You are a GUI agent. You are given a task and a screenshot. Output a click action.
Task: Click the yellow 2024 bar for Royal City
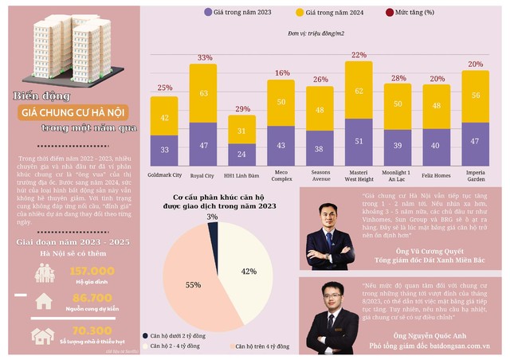203,93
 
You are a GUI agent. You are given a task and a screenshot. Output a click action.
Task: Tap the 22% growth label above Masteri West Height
359,55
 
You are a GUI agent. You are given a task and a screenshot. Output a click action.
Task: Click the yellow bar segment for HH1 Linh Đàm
242,131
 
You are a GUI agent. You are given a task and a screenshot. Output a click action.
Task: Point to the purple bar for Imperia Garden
475,141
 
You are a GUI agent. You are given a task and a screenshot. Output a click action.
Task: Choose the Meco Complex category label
281,175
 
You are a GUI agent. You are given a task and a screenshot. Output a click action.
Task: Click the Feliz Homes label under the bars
436,172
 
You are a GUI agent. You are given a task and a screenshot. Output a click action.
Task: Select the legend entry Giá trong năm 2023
243,13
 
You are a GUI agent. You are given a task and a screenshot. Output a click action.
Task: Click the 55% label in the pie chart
192,284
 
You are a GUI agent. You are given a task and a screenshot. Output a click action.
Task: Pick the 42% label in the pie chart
248,272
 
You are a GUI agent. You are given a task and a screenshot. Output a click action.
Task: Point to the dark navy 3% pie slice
212,233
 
